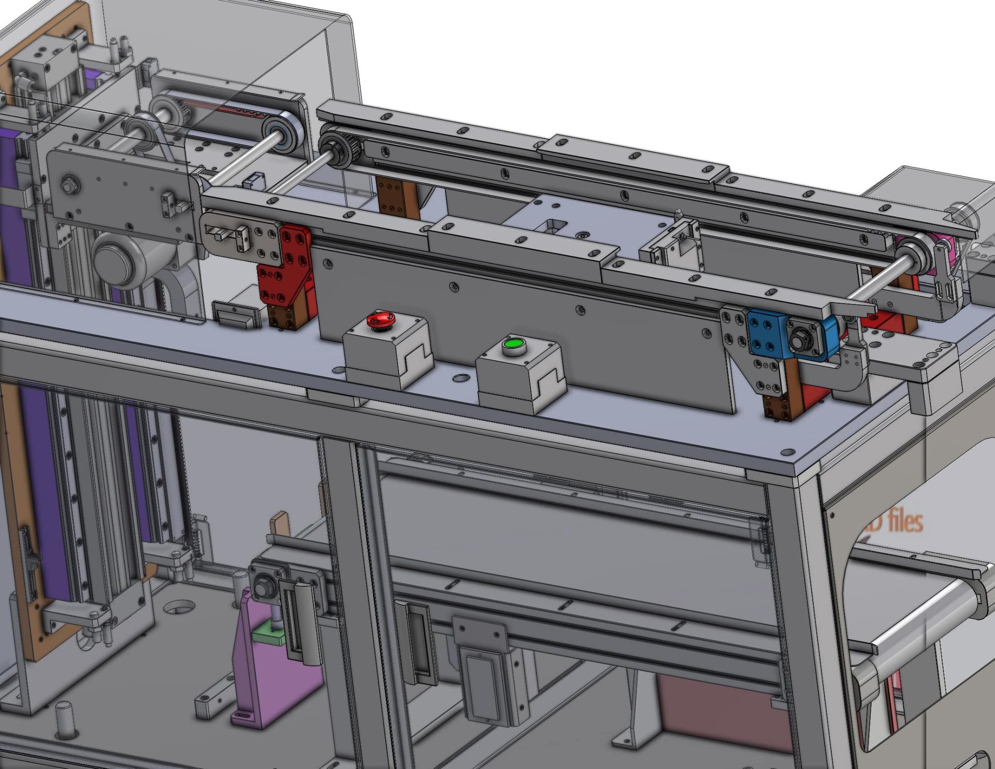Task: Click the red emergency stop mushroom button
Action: coord(380,319)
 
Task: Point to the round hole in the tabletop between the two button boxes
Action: coord(460,377)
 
